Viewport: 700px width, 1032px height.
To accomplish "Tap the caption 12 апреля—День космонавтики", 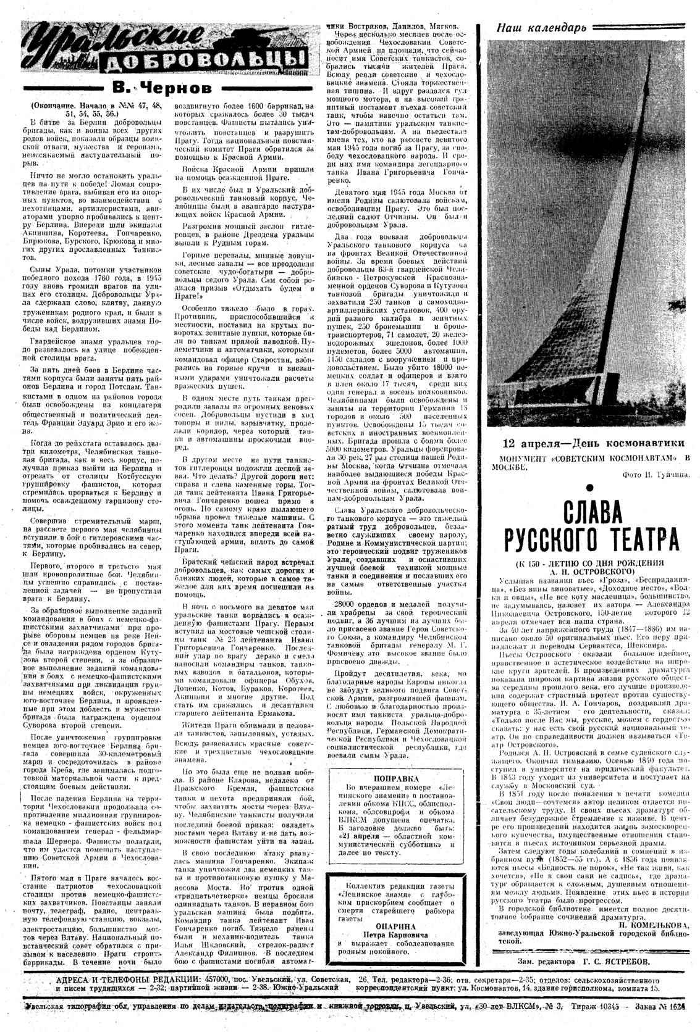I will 592,443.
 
